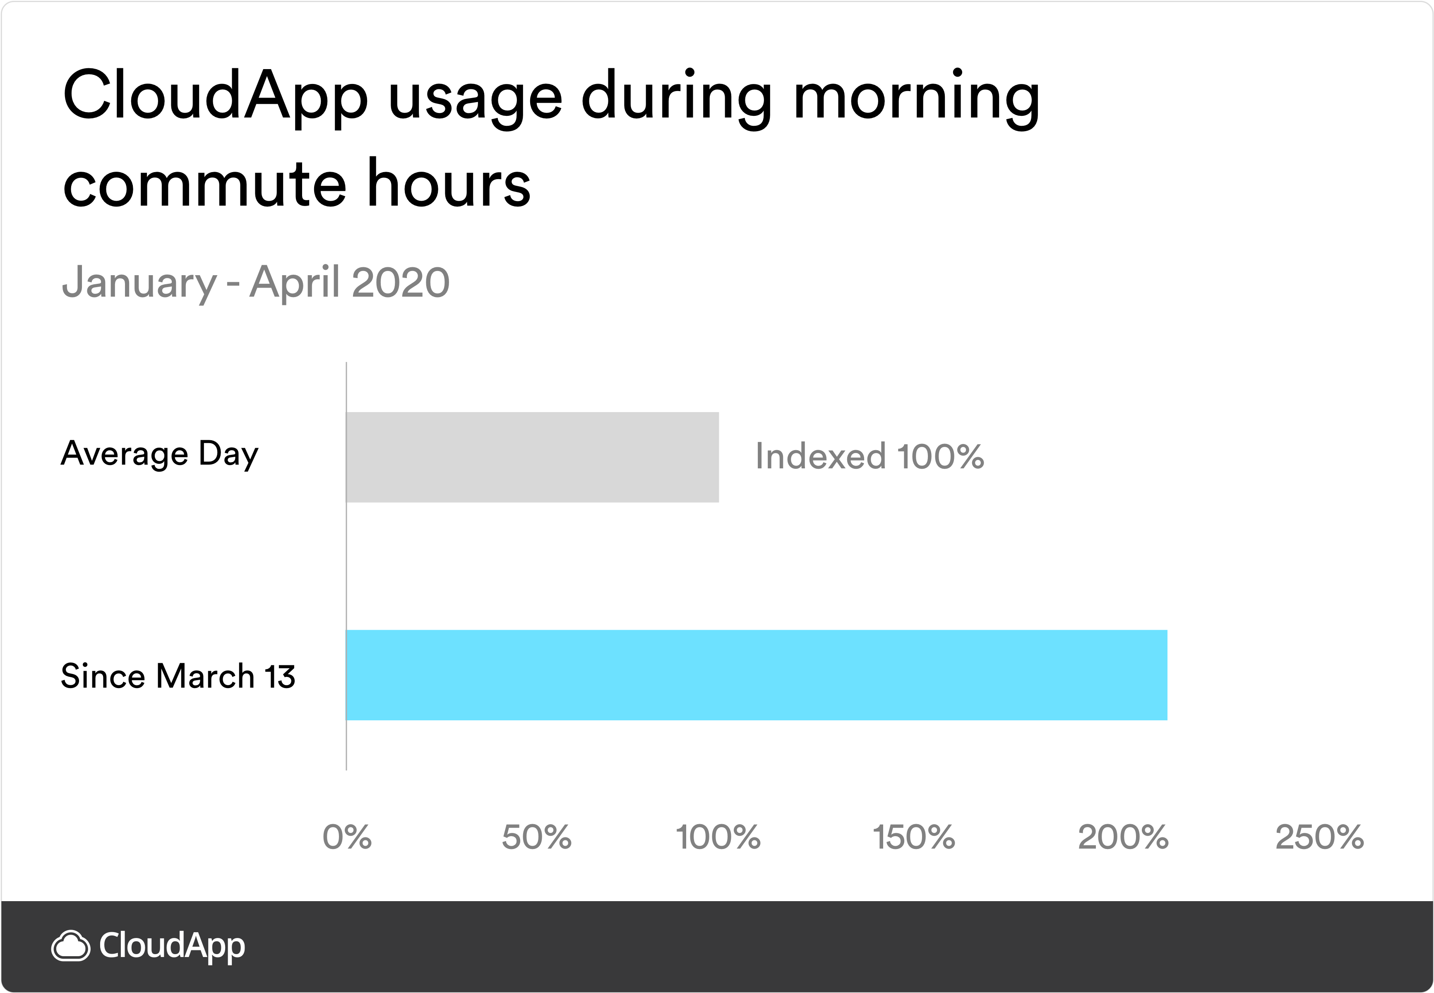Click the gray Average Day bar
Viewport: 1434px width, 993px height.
532,457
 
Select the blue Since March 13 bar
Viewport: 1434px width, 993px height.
756,675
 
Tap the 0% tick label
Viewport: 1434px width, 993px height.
347,837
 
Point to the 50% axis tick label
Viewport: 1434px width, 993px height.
536,837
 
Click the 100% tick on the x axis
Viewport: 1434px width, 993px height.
718,837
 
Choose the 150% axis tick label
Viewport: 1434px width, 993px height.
914,837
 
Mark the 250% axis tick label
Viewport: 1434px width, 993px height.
1319,837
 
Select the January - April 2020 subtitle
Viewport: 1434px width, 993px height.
256,283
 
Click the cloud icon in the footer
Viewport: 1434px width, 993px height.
70,946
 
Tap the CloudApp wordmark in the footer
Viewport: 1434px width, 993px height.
172,946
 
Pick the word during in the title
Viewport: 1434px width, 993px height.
677,100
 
